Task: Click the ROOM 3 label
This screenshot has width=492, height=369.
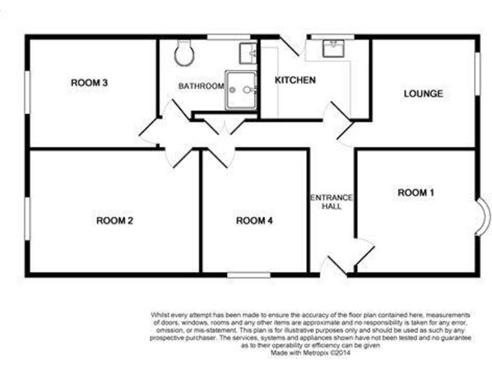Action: coord(89,83)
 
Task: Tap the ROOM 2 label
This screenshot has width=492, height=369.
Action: coord(115,221)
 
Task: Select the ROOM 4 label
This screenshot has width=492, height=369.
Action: coord(255,221)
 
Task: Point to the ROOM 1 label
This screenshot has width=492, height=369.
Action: coord(416,192)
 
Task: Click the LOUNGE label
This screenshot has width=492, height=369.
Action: coord(423,94)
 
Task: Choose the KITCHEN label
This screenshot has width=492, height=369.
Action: coord(295,80)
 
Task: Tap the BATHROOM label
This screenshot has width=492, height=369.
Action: coord(201,86)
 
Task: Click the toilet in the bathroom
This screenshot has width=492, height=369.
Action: coord(183,54)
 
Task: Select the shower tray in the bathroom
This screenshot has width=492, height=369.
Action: coord(242,90)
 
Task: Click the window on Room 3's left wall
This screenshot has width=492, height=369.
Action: coord(28,92)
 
